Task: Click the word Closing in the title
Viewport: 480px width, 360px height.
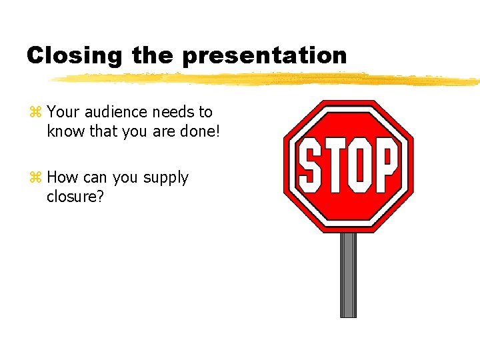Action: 74,55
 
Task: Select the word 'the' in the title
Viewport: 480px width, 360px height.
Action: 151,55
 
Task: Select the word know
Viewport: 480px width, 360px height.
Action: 66,131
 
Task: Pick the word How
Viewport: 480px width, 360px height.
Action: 63,177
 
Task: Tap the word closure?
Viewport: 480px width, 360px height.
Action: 75,197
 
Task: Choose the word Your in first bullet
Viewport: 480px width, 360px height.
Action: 63,112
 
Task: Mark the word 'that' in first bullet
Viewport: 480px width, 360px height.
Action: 103,131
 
